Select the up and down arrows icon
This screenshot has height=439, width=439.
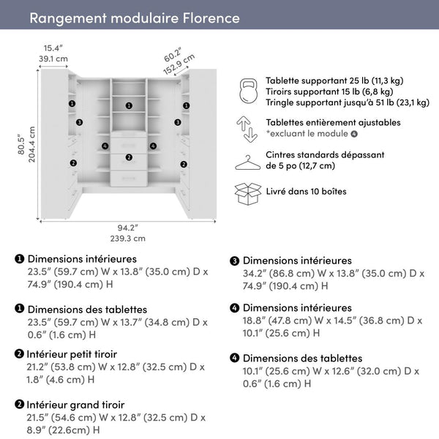click(x=247, y=128)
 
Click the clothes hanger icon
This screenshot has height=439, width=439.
click(x=247, y=162)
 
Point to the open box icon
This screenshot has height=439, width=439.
click(x=247, y=192)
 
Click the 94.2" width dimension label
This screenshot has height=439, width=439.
click(x=127, y=227)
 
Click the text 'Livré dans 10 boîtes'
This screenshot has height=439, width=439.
click(x=307, y=192)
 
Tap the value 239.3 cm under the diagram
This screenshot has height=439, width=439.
click(x=127, y=238)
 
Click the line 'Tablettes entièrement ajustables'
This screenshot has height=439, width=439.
click(x=333, y=123)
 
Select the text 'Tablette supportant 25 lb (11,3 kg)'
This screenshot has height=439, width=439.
click(x=334, y=80)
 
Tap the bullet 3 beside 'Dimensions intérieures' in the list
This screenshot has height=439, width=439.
click(x=235, y=261)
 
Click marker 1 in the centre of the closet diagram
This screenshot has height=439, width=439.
click(x=129, y=105)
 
